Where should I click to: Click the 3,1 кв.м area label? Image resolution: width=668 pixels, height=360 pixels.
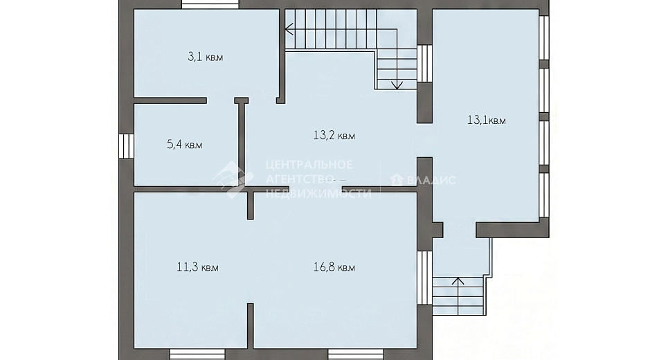point(206,57)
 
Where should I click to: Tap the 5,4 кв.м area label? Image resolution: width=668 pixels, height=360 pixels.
point(184,145)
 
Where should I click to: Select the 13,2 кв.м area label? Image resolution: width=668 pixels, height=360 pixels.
point(334,136)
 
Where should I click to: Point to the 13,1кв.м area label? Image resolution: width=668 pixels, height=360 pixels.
point(487,120)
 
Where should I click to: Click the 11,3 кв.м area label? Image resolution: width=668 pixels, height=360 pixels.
point(198,267)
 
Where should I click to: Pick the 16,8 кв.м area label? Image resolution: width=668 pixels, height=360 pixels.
point(334,267)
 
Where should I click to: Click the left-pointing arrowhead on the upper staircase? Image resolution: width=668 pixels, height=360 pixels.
point(289,29)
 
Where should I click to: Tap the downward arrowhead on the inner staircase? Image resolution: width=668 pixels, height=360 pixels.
point(397,84)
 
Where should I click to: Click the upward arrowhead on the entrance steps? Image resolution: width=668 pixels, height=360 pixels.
point(458,281)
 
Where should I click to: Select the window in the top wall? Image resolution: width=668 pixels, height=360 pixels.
point(210,4)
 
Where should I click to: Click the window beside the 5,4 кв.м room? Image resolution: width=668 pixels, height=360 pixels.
point(126,146)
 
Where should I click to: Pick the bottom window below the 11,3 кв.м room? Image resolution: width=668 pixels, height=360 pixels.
point(197,354)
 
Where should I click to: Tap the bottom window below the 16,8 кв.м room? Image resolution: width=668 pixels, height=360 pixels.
point(356,354)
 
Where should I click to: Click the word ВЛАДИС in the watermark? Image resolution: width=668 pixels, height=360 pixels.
point(431,180)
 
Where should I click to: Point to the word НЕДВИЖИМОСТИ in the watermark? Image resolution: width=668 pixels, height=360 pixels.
point(318,194)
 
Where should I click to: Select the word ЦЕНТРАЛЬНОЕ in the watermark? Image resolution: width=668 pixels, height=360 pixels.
point(309,165)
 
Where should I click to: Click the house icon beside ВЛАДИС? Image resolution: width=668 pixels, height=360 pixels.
point(397,180)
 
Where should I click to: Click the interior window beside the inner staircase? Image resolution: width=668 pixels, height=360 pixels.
point(424,63)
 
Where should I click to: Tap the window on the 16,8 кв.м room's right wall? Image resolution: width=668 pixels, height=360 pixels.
point(424,278)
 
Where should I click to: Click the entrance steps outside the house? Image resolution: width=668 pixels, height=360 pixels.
point(458,295)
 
